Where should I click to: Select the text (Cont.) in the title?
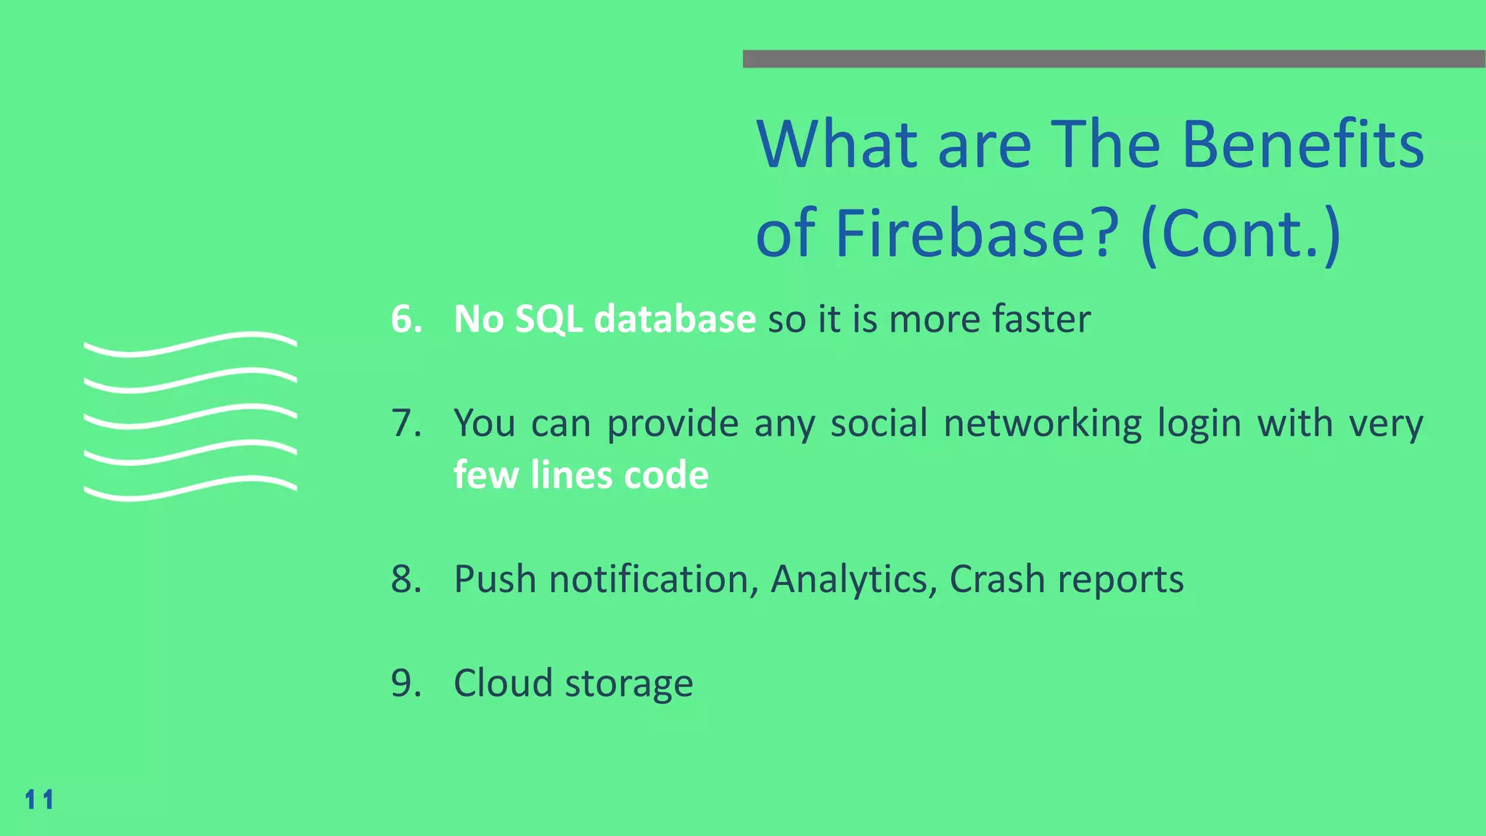pos(1240,234)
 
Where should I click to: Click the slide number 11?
pos(39,800)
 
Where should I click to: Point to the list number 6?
pos(406,319)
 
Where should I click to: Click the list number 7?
pos(406,423)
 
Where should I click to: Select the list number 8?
pos(406,579)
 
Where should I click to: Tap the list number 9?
pos(406,683)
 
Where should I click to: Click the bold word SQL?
pos(549,319)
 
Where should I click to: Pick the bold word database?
pos(675,319)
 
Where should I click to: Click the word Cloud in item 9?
pos(502,683)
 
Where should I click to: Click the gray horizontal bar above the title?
pos(1114,59)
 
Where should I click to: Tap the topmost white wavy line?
pos(190,344)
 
